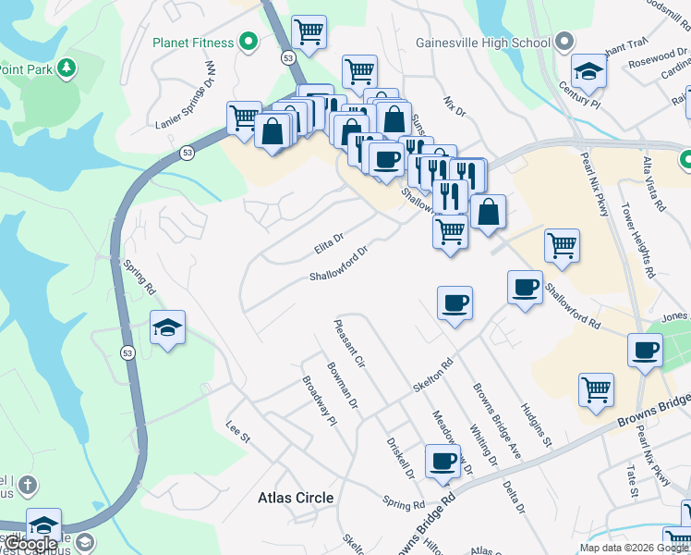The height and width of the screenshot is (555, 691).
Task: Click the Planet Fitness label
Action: (x=191, y=43)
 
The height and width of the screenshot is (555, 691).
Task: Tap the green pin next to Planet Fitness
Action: (x=249, y=42)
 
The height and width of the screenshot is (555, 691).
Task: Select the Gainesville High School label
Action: (x=483, y=43)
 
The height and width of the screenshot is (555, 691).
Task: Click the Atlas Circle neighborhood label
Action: (x=296, y=498)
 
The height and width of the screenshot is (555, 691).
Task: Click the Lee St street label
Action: (x=238, y=431)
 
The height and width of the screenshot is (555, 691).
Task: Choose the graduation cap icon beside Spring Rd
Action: (x=167, y=327)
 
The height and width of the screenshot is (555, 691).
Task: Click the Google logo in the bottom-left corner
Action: (x=30, y=544)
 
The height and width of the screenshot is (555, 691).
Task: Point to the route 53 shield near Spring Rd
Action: (x=126, y=351)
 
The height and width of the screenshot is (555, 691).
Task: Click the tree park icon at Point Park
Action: (x=66, y=68)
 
